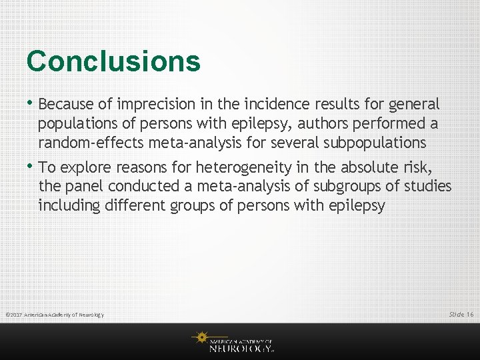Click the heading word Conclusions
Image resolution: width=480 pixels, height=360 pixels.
113,61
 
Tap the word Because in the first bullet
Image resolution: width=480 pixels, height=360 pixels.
65,105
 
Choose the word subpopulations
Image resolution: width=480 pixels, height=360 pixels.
375,143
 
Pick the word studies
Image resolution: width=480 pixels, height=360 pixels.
427,187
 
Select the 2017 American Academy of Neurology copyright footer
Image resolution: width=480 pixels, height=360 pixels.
55,315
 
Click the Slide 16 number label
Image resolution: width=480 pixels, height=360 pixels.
461,314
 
